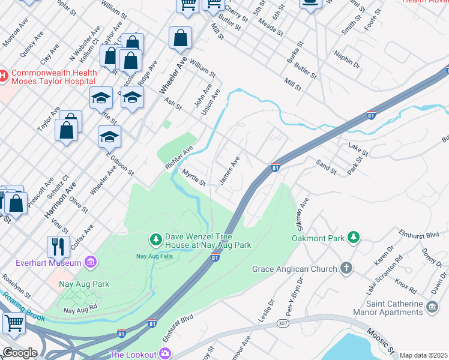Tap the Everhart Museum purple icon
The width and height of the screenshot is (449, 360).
(91, 263)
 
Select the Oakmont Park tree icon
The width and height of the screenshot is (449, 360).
(354, 238)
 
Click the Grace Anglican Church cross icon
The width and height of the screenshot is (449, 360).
(346, 268)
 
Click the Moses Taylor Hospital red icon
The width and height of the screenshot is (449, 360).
(3, 76)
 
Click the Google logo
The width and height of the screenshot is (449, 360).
(20, 353)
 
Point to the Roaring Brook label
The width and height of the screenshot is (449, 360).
(22, 307)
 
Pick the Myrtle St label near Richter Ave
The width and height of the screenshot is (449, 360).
(194, 178)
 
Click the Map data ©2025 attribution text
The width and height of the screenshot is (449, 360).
(423, 355)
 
